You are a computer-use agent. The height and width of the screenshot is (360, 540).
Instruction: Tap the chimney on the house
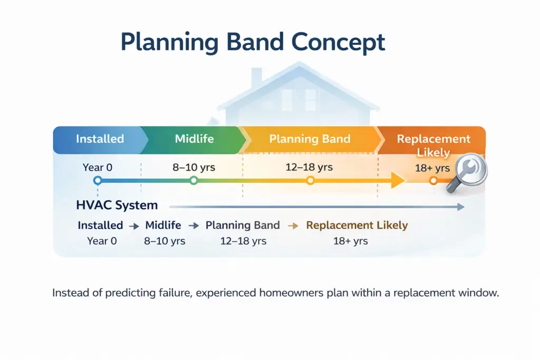(x=256, y=78)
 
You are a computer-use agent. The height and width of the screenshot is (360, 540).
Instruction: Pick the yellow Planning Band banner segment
(x=310, y=139)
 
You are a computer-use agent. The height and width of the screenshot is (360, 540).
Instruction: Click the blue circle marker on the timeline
(x=97, y=181)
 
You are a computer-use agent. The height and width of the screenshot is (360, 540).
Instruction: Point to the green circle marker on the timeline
(x=194, y=181)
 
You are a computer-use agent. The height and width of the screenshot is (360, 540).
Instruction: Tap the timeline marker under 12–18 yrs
(x=310, y=181)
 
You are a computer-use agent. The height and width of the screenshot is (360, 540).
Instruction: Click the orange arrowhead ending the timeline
(x=397, y=181)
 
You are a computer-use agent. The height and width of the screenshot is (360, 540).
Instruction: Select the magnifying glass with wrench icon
(x=467, y=172)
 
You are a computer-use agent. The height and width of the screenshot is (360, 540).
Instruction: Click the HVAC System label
(x=117, y=206)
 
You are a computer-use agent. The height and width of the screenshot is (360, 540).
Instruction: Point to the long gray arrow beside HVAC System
(x=316, y=207)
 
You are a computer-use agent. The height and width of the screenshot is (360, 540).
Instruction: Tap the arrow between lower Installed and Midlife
(x=134, y=226)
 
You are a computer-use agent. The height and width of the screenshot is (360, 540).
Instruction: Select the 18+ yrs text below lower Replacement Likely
(x=350, y=241)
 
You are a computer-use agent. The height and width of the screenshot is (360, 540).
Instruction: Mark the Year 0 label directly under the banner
(x=97, y=168)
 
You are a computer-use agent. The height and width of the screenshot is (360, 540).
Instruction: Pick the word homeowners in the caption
(x=290, y=294)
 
